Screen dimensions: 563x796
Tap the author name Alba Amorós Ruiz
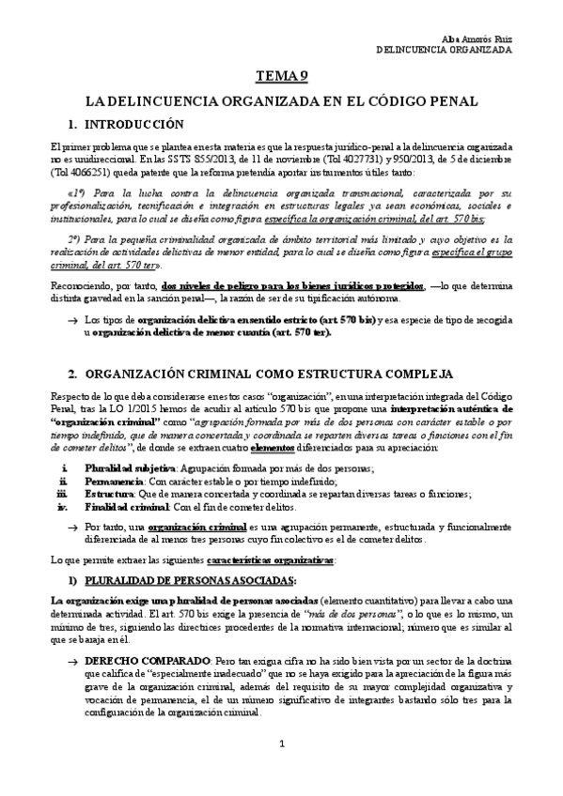pyautogui.click(x=479, y=37)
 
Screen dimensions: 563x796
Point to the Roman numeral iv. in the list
pyautogui.click(x=65, y=506)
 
